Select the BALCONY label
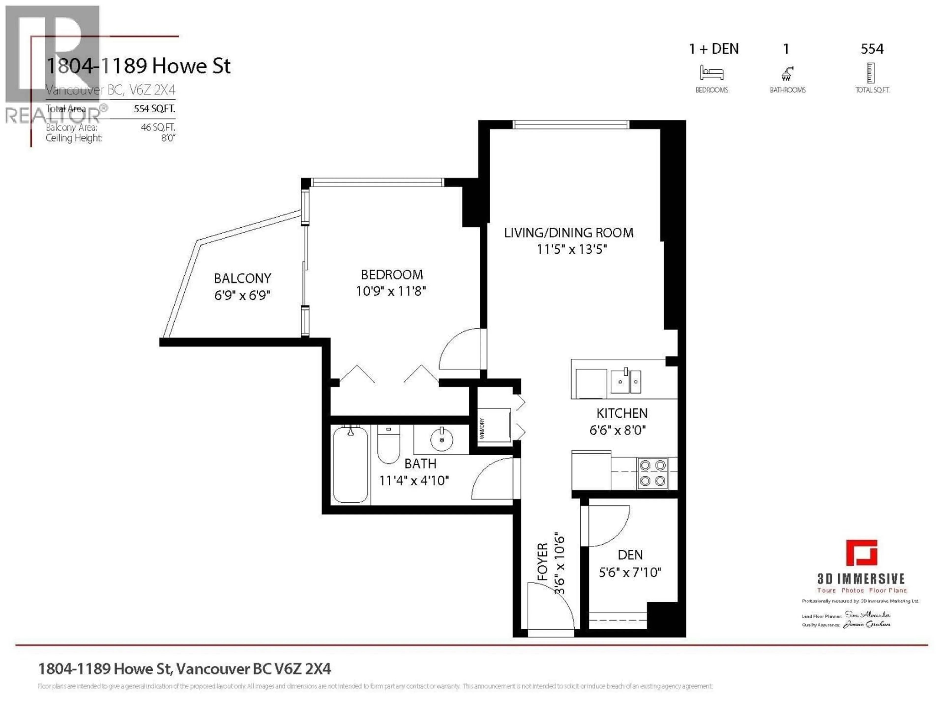coord(242,278)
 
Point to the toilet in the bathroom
coord(388,444)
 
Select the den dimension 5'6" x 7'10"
coord(630,572)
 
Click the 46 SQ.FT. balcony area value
coord(158,127)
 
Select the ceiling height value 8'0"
coord(168,138)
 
